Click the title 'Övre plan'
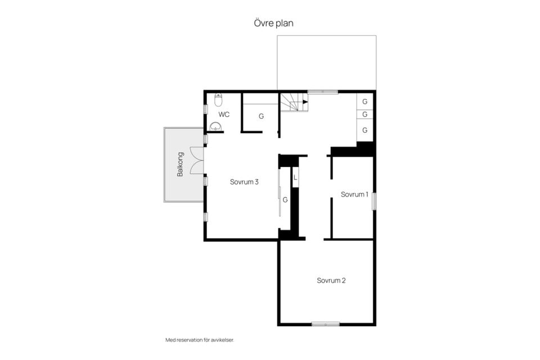[273, 24]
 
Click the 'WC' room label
[224, 114]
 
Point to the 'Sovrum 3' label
[244, 182]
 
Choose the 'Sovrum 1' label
[354, 194]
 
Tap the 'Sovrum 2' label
[331, 281]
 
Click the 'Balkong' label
[180, 164]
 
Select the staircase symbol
[294, 102]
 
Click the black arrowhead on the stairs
[305, 102]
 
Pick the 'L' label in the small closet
[295, 178]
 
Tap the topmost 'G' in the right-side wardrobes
[364, 102]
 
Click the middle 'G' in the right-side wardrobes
[364, 114]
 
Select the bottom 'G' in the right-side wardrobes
[364, 130]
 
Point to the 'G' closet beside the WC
[261, 116]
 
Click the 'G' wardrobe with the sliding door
[285, 200]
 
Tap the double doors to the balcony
[197, 160]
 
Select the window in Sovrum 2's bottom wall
[326, 324]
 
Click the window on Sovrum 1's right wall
[374, 201]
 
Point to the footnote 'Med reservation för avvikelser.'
[200, 340]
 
